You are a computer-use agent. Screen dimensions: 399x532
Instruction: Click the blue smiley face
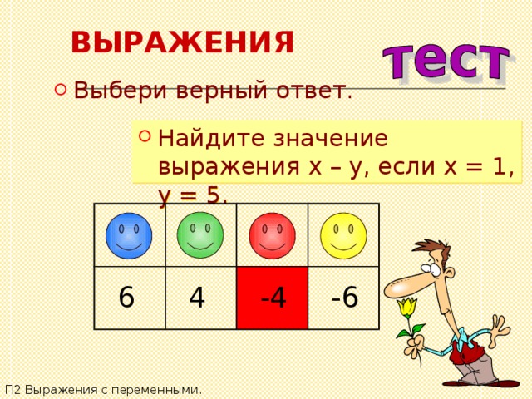click(x=129, y=235)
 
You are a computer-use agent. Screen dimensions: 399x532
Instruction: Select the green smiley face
click(x=199, y=234)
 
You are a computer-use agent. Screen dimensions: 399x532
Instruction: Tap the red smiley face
click(x=272, y=235)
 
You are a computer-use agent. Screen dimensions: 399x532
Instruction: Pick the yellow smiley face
click(x=343, y=235)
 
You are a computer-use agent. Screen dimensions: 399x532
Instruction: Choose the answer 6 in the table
click(x=126, y=297)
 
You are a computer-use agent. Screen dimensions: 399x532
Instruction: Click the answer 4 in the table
click(x=197, y=297)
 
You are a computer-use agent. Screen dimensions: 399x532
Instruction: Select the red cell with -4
click(x=272, y=298)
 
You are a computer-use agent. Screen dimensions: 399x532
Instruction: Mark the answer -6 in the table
click(x=344, y=296)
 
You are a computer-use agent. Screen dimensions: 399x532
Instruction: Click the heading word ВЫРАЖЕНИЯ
click(x=182, y=42)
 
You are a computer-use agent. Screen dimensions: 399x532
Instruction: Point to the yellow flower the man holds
click(x=407, y=308)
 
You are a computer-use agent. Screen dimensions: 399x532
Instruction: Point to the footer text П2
click(x=12, y=389)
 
